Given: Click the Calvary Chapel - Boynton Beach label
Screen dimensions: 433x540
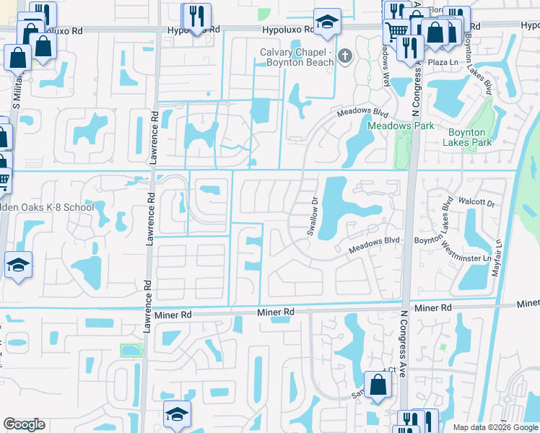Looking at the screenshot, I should click(297, 57).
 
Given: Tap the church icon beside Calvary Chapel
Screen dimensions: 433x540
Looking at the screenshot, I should click(345, 56).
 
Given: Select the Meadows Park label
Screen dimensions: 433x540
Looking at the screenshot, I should click(401, 126).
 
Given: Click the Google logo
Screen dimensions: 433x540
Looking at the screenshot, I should click(24, 424).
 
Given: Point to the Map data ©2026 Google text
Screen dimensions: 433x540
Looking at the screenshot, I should click(495, 427).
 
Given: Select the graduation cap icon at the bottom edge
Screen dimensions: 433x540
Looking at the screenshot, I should click(177, 415).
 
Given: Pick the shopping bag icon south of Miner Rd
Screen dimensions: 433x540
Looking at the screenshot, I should click(378, 385).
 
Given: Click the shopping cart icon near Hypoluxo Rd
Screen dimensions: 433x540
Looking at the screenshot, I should click(396, 32).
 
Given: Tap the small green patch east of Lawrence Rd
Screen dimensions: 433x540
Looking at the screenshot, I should click(131, 351).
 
